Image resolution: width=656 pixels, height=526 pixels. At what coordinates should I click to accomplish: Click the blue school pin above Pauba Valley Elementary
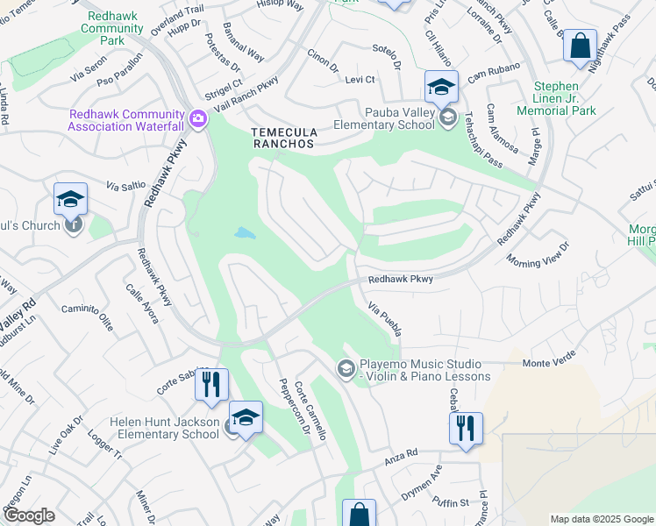(x=441, y=87)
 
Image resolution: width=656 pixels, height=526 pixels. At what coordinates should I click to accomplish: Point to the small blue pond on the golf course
(x=245, y=234)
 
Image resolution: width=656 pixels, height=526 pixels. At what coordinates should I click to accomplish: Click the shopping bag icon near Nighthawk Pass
(x=580, y=47)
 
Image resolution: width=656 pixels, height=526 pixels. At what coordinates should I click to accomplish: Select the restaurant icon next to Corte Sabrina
(x=211, y=385)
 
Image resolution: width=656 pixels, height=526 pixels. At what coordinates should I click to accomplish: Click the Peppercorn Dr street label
(x=295, y=406)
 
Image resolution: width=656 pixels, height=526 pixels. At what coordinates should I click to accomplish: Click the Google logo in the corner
(x=29, y=515)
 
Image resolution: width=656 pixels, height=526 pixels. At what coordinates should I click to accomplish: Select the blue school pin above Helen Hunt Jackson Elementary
(x=246, y=418)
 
